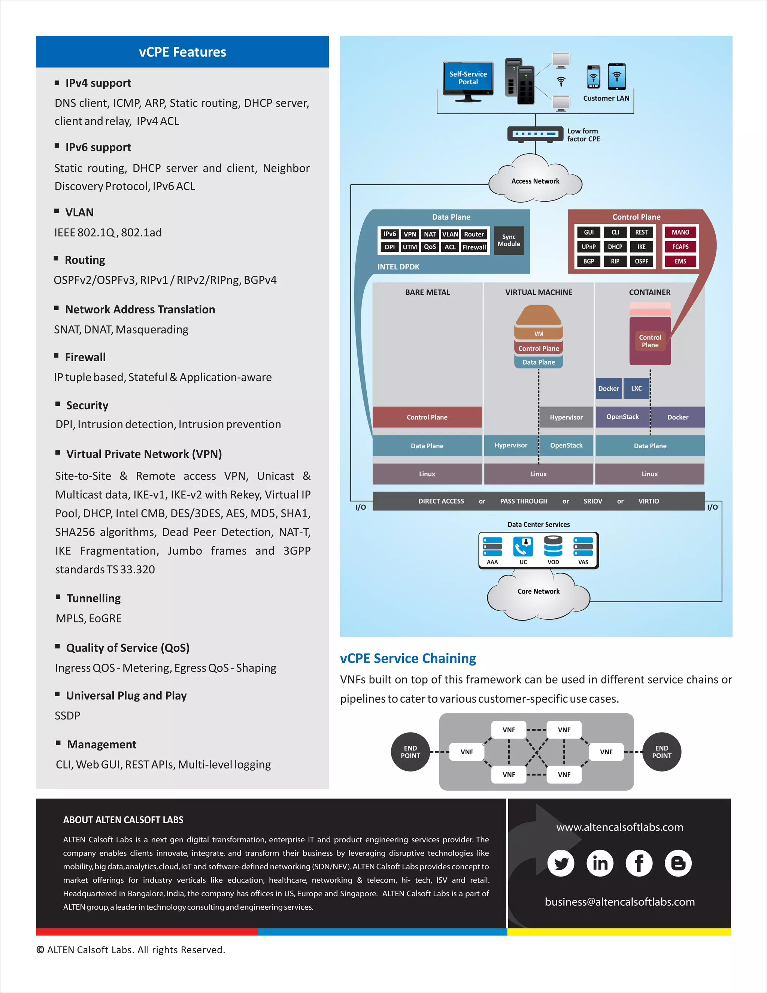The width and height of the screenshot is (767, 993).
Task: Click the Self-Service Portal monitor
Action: click(x=468, y=79)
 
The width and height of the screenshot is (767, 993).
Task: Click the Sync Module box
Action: click(x=509, y=241)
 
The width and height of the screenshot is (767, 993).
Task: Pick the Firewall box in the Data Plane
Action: click(x=474, y=247)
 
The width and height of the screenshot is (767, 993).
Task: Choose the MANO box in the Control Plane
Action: click(x=680, y=232)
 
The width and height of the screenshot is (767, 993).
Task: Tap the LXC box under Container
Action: click(x=636, y=388)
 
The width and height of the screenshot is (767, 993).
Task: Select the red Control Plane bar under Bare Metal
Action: click(x=427, y=417)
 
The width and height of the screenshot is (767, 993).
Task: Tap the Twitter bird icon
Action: click(x=561, y=863)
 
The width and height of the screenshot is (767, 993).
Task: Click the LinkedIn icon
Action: click(x=600, y=863)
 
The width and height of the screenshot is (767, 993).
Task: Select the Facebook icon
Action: click(x=639, y=863)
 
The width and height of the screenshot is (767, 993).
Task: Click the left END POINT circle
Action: click(x=410, y=752)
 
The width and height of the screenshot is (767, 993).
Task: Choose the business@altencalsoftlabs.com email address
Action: click(x=619, y=902)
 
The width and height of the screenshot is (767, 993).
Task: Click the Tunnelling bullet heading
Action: click(x=94, y=598)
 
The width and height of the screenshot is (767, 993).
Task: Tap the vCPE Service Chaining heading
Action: click(x=407, y=658)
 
